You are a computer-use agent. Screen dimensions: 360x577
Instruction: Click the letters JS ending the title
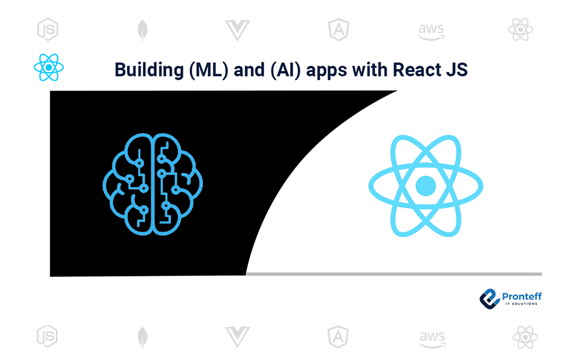(x=456, y=70)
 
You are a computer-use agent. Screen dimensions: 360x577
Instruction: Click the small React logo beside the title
(x=49, y=67)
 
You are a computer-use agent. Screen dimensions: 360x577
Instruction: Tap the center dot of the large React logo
(x=426, y=185)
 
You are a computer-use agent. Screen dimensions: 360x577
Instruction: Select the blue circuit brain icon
(x=153, y=183)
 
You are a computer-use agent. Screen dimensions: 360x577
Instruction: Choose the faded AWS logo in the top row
(x=431, y=29)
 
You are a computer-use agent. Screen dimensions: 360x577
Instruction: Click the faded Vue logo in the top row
(x=237, y=29)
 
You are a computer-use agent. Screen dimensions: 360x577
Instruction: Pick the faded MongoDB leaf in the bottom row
(x=142, y=337)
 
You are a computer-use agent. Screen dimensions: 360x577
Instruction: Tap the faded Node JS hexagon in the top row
(x=47, y=29)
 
